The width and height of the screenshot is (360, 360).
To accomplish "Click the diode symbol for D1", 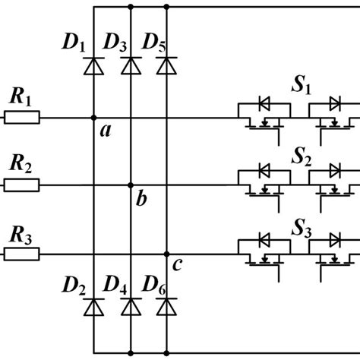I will point(93,68).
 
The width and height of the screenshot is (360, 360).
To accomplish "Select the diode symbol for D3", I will point(131,68).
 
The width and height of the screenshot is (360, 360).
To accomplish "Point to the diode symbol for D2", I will point(93,306).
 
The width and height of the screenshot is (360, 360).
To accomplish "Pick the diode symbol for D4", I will point(131,306).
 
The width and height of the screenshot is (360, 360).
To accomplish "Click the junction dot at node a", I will point(93,118).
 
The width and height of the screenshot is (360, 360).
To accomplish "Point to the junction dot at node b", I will point(131,185).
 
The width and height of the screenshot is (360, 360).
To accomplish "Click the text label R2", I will point(21,164).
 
